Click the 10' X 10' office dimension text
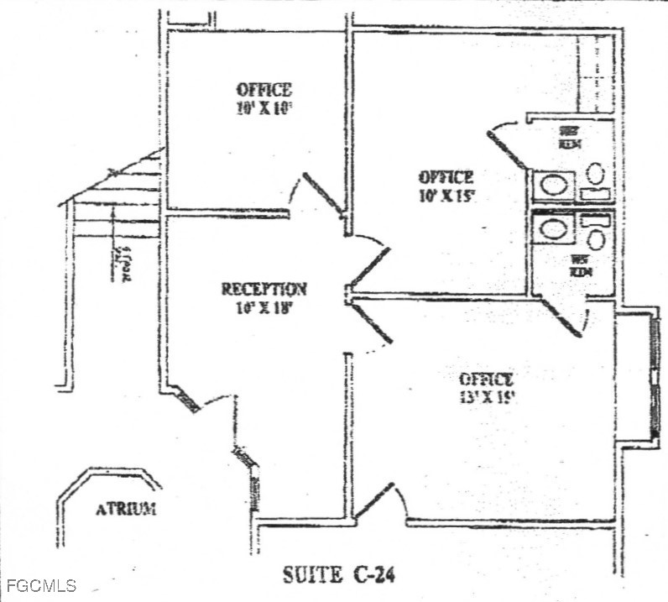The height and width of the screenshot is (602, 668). pyautogui.click(x=264, y=108)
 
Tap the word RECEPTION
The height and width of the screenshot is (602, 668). pyautogui.click(x=264, y=290)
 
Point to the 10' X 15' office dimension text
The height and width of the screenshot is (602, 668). pyautogui.click(x=446, y=196)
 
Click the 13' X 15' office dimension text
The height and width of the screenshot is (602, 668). pyautogui.click(x=486, y=397)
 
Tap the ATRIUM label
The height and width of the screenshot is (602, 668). pyautogui.click(x=125, y=509)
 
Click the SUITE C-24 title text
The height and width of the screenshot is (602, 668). pyautogui.click(x=338, y=576)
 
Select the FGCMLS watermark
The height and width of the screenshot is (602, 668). pyautogui.click(x=39, y=585)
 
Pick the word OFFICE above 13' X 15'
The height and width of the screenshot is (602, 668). pyautogui.click(x=486, y=380)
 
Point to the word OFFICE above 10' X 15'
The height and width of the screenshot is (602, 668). pyautogui.click(x=446, y=178)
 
